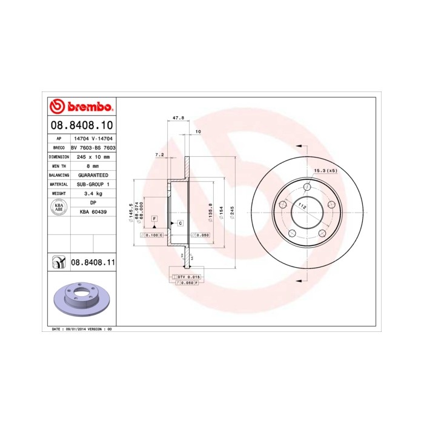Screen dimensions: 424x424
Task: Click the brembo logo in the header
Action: click(81, 107)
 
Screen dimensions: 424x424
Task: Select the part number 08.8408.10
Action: click(81, 125)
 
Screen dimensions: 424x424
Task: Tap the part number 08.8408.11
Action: click(93, 262)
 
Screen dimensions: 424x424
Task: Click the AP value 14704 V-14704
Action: click(93, 138)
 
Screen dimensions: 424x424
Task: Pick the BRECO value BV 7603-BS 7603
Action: click(93, 147)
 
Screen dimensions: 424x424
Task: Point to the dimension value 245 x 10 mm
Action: click(93, 156)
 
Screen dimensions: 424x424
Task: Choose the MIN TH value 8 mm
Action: click(93, 165)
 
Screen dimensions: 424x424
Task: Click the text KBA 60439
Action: click(93, 211)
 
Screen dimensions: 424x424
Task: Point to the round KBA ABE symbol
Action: click(59, 207)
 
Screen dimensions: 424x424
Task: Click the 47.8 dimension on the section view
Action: click(178, 118)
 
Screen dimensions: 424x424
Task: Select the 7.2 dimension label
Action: click(160, 155)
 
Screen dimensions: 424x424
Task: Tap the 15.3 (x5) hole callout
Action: click(325, 171)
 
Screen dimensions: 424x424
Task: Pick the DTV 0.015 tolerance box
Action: click(187, 276)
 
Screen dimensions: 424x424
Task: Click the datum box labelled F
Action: click(154, 217)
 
